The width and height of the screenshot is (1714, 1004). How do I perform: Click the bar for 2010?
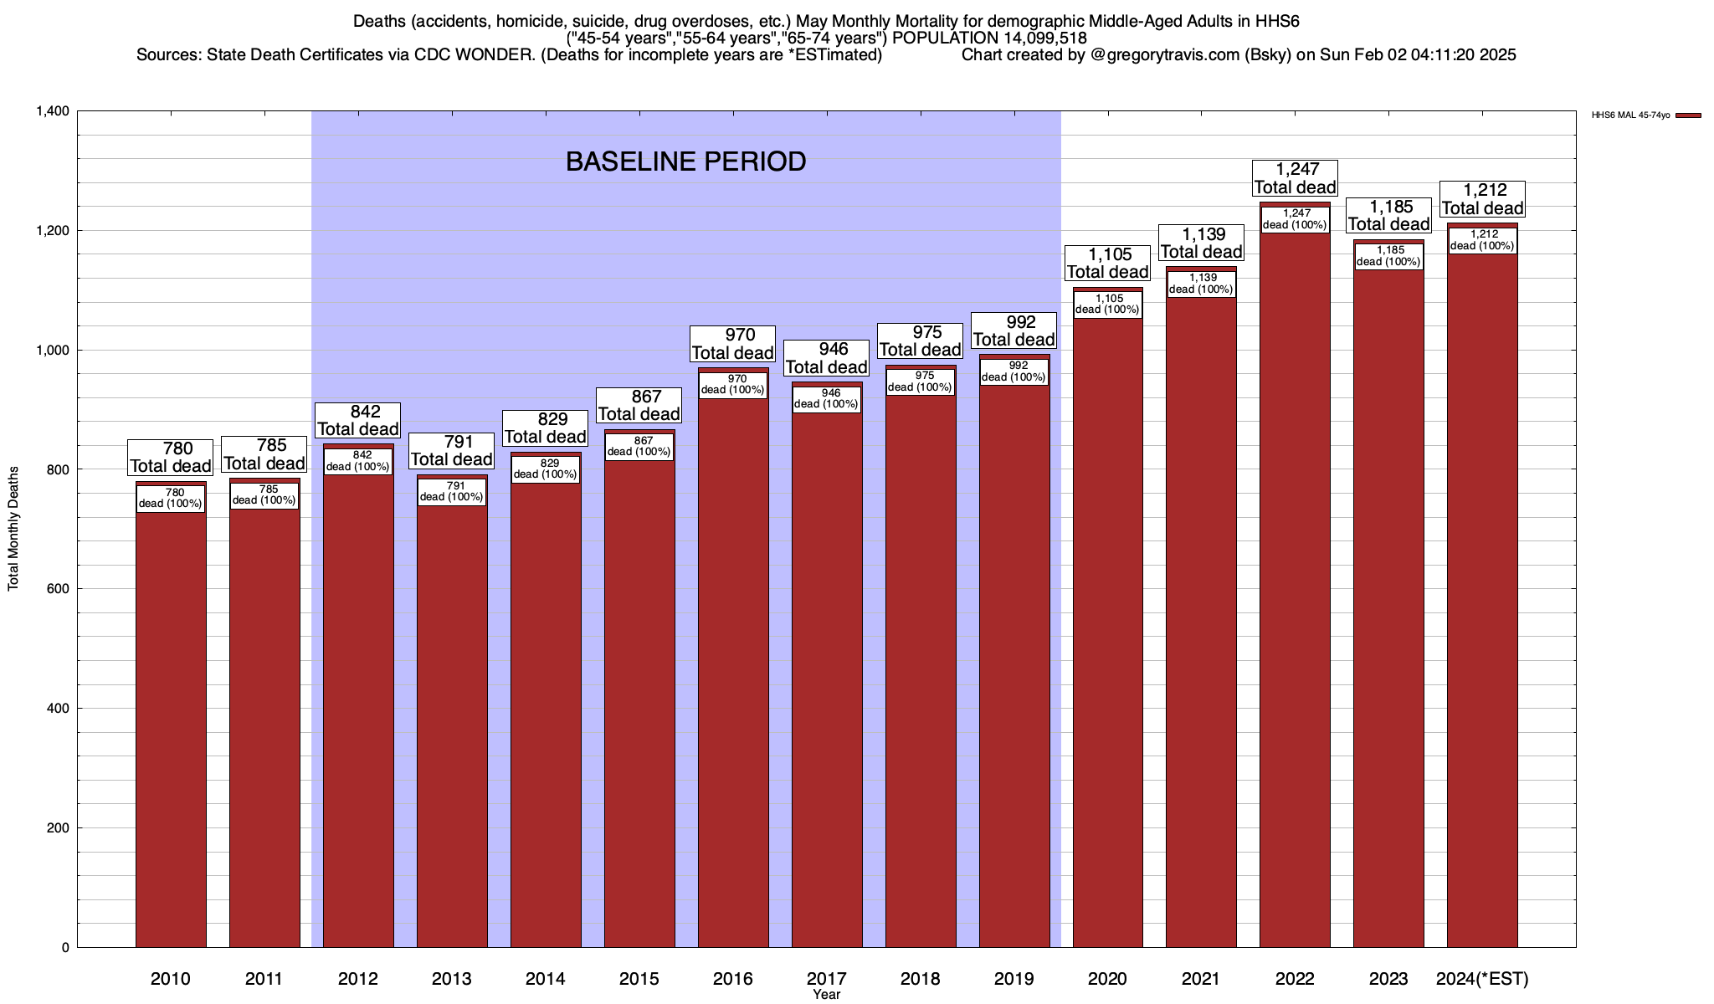click(171, 728)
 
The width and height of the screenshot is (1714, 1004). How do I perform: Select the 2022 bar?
click(1295, 586)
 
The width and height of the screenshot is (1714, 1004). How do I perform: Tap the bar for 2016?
click(733, 669)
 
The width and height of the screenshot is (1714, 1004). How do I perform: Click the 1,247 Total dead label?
click(1295, 178)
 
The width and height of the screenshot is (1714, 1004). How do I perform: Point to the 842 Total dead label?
click(357, 421)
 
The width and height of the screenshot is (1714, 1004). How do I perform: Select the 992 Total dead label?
click(1014, 331)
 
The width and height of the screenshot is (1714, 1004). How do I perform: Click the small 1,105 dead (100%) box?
click(1107, 305)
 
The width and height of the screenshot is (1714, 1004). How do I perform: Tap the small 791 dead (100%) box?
click(451, 492)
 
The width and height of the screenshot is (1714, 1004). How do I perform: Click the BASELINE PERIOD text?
click(685, 161)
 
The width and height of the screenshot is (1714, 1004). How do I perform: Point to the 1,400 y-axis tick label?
click(52, 111)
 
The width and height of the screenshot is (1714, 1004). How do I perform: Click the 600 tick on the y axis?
click(58, 589)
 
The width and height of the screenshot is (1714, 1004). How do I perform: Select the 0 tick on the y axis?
click(64, 948)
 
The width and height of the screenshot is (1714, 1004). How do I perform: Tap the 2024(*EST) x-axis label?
click(1482, 979)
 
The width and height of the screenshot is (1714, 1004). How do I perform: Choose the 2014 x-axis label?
click(545, 979)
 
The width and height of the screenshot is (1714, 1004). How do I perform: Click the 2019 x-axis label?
click(1014, 979)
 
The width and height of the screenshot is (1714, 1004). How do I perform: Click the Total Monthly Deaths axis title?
click(13, 529)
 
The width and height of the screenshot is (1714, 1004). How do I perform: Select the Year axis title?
click(826, 995)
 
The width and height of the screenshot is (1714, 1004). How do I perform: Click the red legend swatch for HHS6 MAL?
click(1688, 115)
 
